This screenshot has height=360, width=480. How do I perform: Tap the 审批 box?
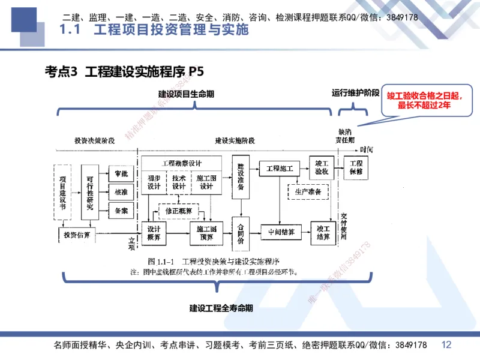(x=121, y=174)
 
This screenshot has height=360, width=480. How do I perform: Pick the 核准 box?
(x=121, y=192)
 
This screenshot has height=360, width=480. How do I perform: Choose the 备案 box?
(x=121, y=210)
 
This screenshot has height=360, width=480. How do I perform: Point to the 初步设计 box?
(x=154, y=182)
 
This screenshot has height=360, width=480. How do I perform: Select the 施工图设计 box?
(x=206, y=182)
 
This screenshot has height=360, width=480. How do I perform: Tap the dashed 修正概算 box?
(x=179, y=211)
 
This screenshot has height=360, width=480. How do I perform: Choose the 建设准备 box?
(x=241, y=177)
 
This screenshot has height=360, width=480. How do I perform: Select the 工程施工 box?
(x=279, y=169)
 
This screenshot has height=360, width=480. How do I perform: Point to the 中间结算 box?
(x=280, y=232)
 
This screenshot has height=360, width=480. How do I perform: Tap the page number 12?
(x=446, y=344)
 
